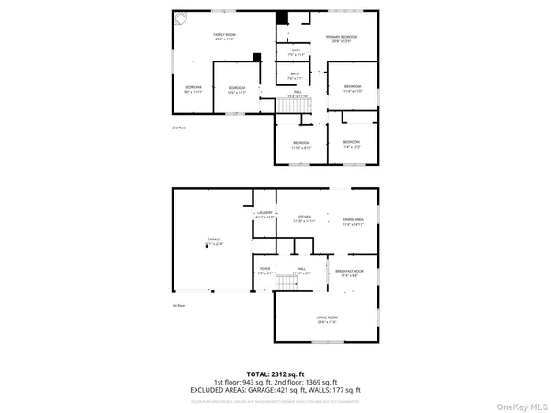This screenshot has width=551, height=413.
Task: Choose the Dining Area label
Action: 354,219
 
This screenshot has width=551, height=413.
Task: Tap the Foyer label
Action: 264,271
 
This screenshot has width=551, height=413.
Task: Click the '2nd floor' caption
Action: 177,128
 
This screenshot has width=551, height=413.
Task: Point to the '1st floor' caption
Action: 178,305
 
